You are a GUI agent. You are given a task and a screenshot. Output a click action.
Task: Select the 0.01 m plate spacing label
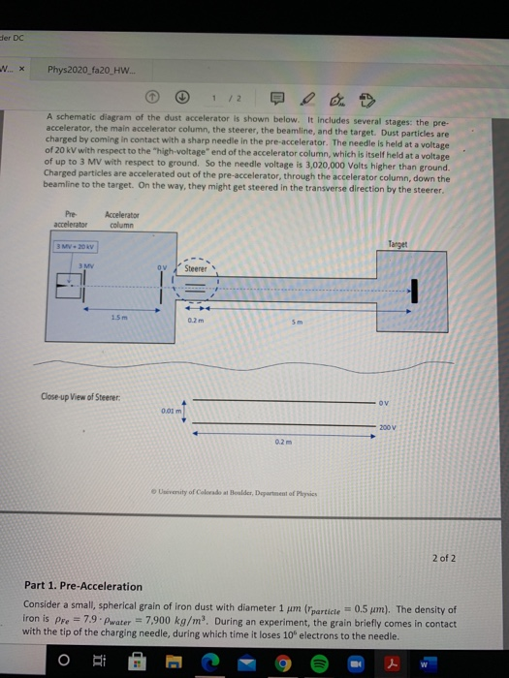click(x=171, y=410)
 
